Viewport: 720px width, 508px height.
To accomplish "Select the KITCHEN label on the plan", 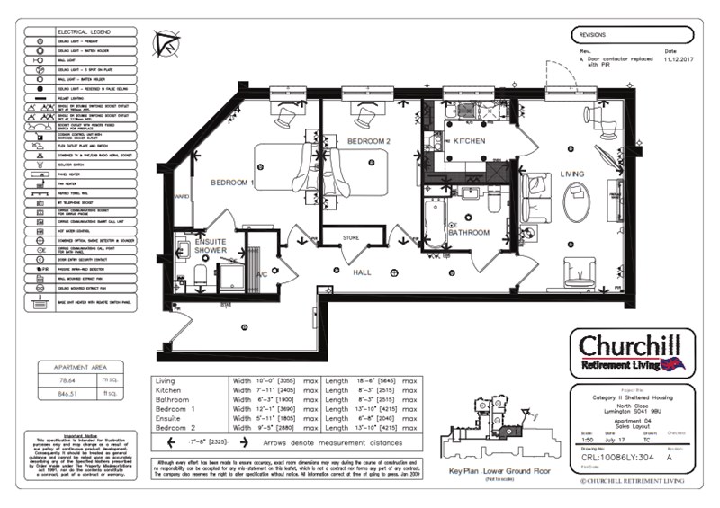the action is (x=468, y=142).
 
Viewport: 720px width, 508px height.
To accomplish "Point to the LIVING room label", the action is (x=572, y=174).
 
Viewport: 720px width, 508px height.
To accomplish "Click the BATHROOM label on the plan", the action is (x=469, y=233).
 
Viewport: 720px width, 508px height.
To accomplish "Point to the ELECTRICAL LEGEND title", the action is (x=80, y=32).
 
